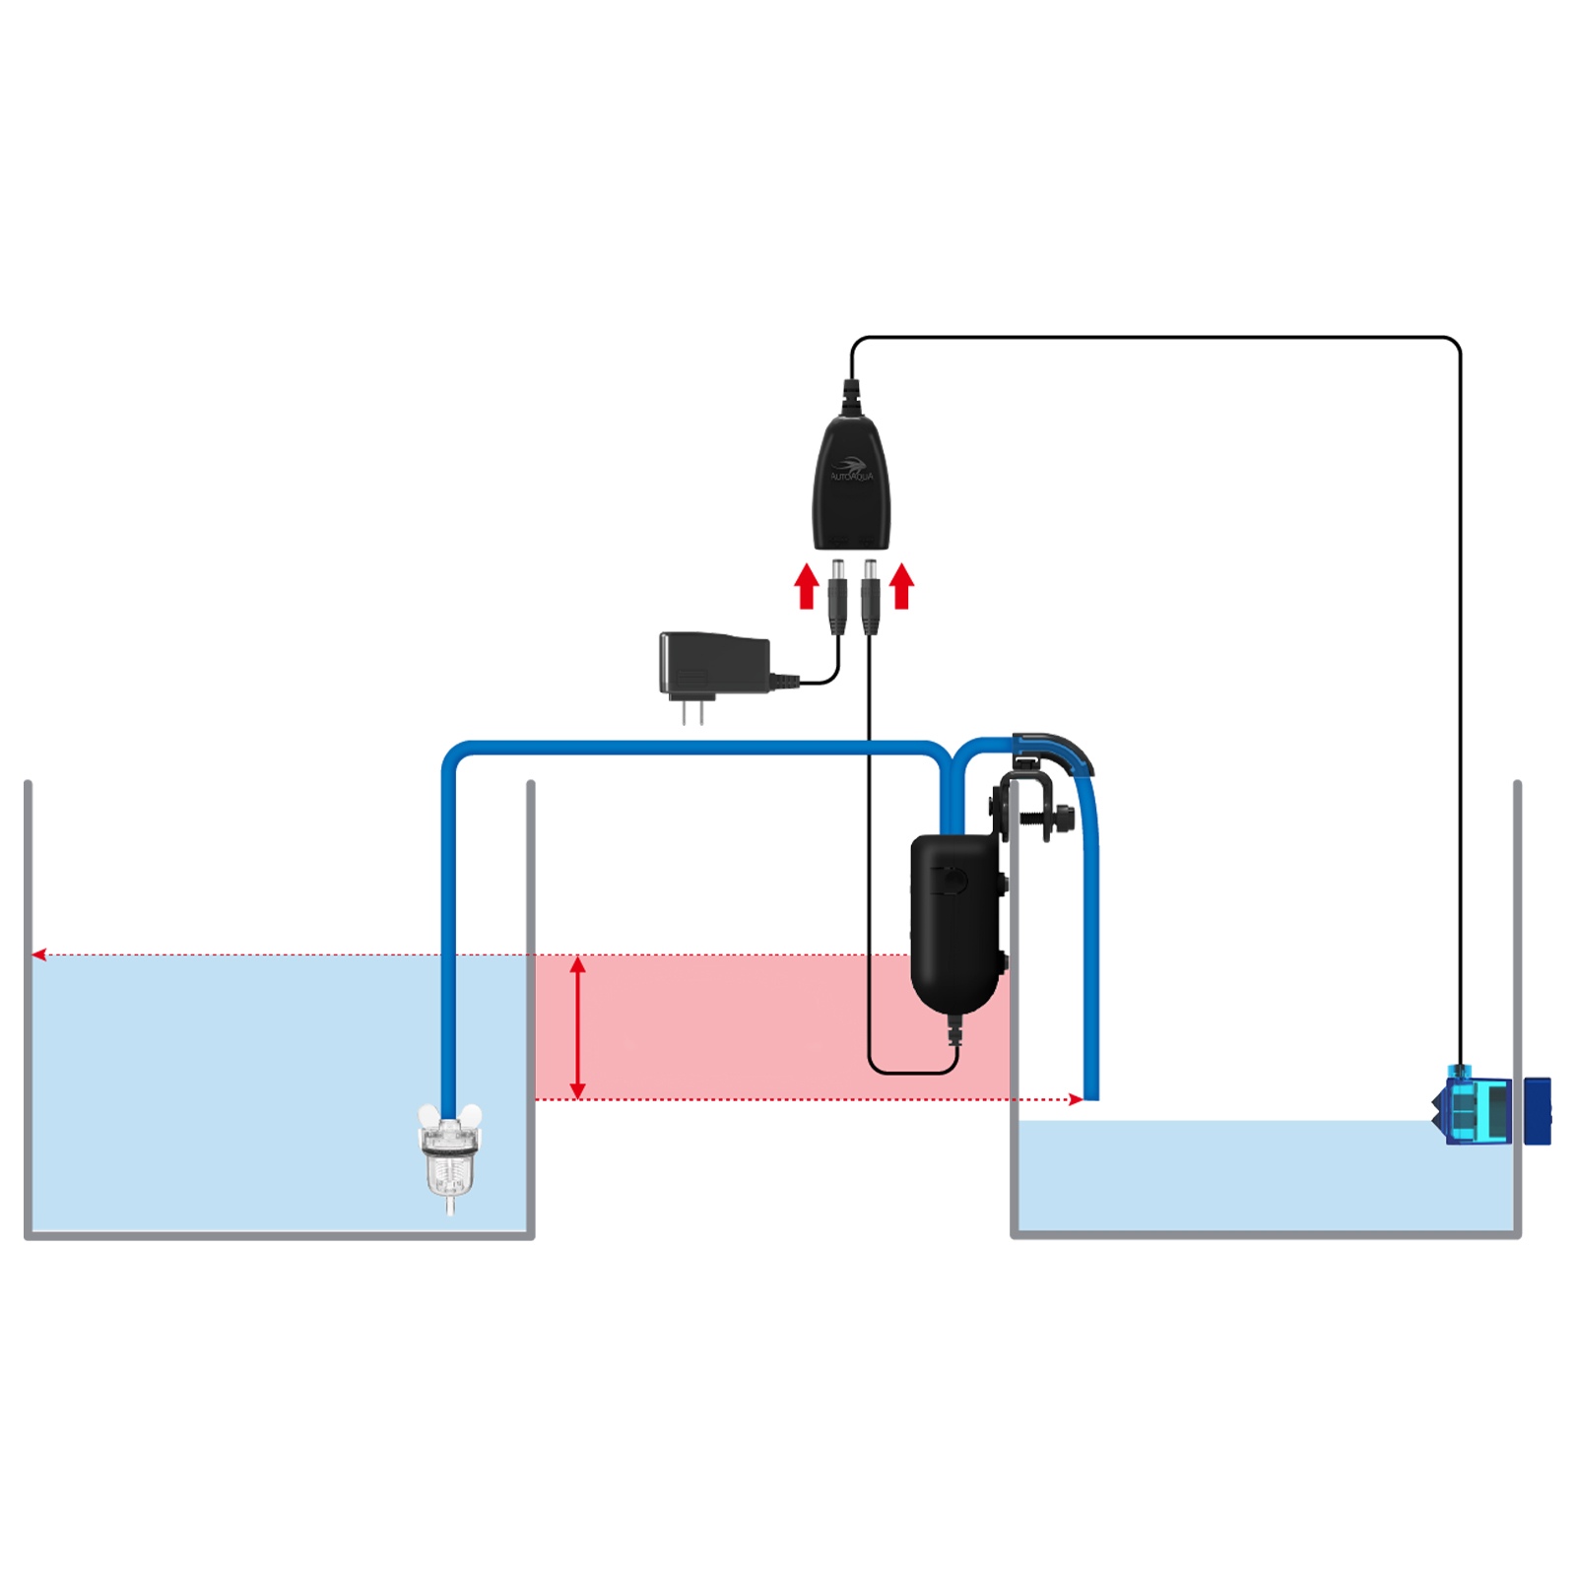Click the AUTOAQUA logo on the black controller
(x=851, y=470)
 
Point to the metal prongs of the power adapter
(x=692, y=711)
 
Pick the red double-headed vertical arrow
(x=578, y=1027)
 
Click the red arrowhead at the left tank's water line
(x=39, y=954)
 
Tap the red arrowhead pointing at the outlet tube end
(x=1076, y=1099)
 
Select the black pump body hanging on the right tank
(x=953, y=921)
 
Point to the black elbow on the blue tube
(x=1054, y=750)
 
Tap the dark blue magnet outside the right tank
(x=1537, y=1111)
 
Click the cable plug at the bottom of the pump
(x=953, y=1031)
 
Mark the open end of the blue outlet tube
(x=1091, y=1093)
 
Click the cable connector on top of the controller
(x=851, y=397)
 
